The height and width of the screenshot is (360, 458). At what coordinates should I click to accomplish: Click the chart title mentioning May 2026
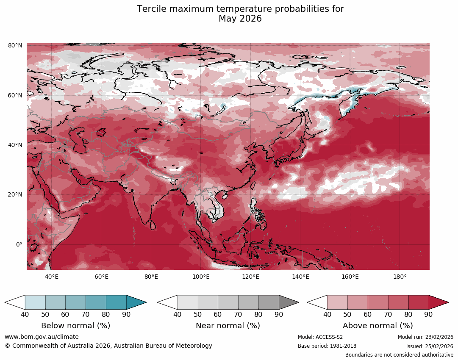point(240,14)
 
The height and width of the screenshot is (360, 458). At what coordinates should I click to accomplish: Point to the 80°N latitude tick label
point(15,45)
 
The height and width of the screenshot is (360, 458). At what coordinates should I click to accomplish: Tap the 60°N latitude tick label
point(15,95)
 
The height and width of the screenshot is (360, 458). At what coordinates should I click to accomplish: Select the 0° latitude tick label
point(19,244)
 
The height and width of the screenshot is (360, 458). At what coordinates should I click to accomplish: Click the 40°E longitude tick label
point(52,277)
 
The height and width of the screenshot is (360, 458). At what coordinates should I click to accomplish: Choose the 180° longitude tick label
point(400,277)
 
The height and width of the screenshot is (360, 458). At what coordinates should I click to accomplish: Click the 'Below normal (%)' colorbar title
point(75,326)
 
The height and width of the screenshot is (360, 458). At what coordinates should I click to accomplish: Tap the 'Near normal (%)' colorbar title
point(228,326)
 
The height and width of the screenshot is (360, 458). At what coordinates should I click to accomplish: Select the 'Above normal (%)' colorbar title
point(378,326)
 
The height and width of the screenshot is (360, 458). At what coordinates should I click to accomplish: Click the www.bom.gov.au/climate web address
point(42,337)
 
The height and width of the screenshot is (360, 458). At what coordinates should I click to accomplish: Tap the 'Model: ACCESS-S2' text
point(320,337)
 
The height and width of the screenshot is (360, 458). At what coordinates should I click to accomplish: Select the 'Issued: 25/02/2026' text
point(430,346)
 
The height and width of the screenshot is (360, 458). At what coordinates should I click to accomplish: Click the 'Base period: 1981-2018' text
point(327,346)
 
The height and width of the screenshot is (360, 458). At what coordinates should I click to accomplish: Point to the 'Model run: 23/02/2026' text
point(425,337)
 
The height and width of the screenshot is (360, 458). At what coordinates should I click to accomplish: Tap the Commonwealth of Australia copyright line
point(108,346)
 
